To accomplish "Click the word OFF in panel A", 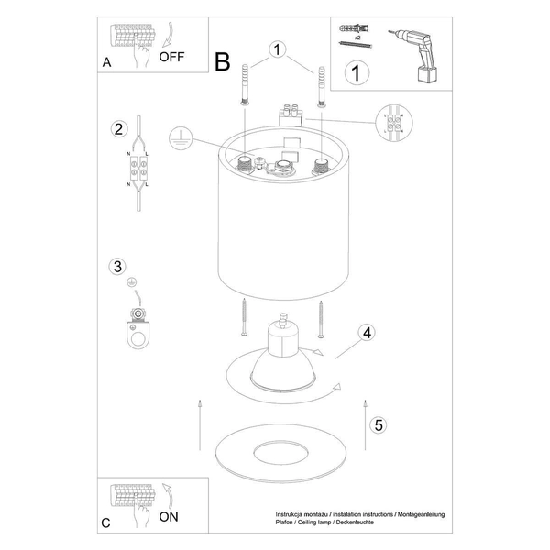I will click(173, 56).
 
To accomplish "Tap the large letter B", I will click(222, 61).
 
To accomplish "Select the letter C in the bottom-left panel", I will click(107, 523).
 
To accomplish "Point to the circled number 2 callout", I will click(117, 128).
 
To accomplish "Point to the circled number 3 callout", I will click(116, 268).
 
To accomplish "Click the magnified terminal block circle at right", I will click(396, 124).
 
